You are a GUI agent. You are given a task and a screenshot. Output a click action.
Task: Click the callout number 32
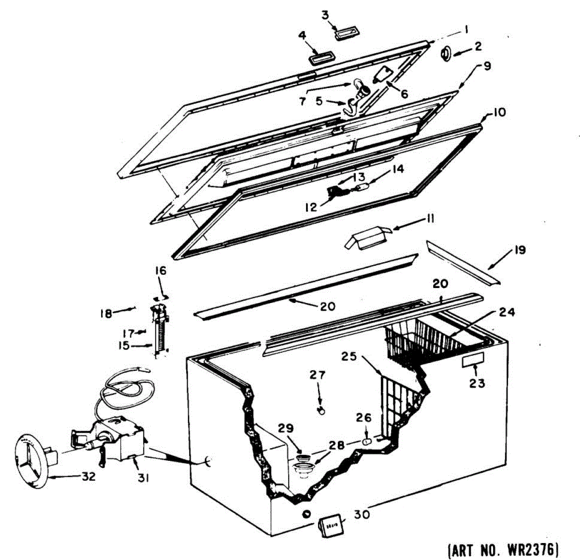click(x=88, y=476)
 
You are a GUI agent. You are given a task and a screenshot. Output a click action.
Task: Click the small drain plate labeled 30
click(x=331, y=526)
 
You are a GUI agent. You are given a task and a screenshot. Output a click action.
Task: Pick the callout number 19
click(x=520, y=250)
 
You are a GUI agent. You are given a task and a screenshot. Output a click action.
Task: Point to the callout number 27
click(x=318, y=375)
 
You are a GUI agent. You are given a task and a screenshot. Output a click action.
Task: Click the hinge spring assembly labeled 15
click(x=159, y=334)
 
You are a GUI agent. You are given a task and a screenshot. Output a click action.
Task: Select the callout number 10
click(x=499, y=112)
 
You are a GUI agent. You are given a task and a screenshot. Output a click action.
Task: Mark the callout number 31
click(x=143, y=478)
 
